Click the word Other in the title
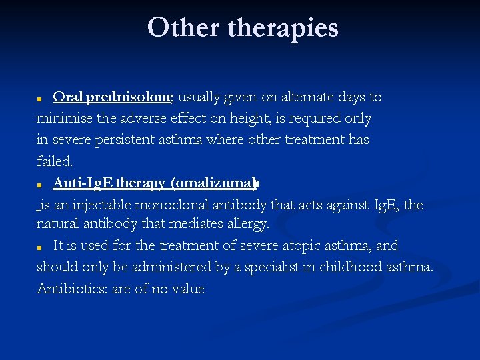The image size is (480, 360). [x=183, y=28]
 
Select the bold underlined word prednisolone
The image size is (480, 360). [x=130, y=97]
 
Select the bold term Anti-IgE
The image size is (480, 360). [x=83, y=183]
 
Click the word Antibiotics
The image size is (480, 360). [x=68, y=289]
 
